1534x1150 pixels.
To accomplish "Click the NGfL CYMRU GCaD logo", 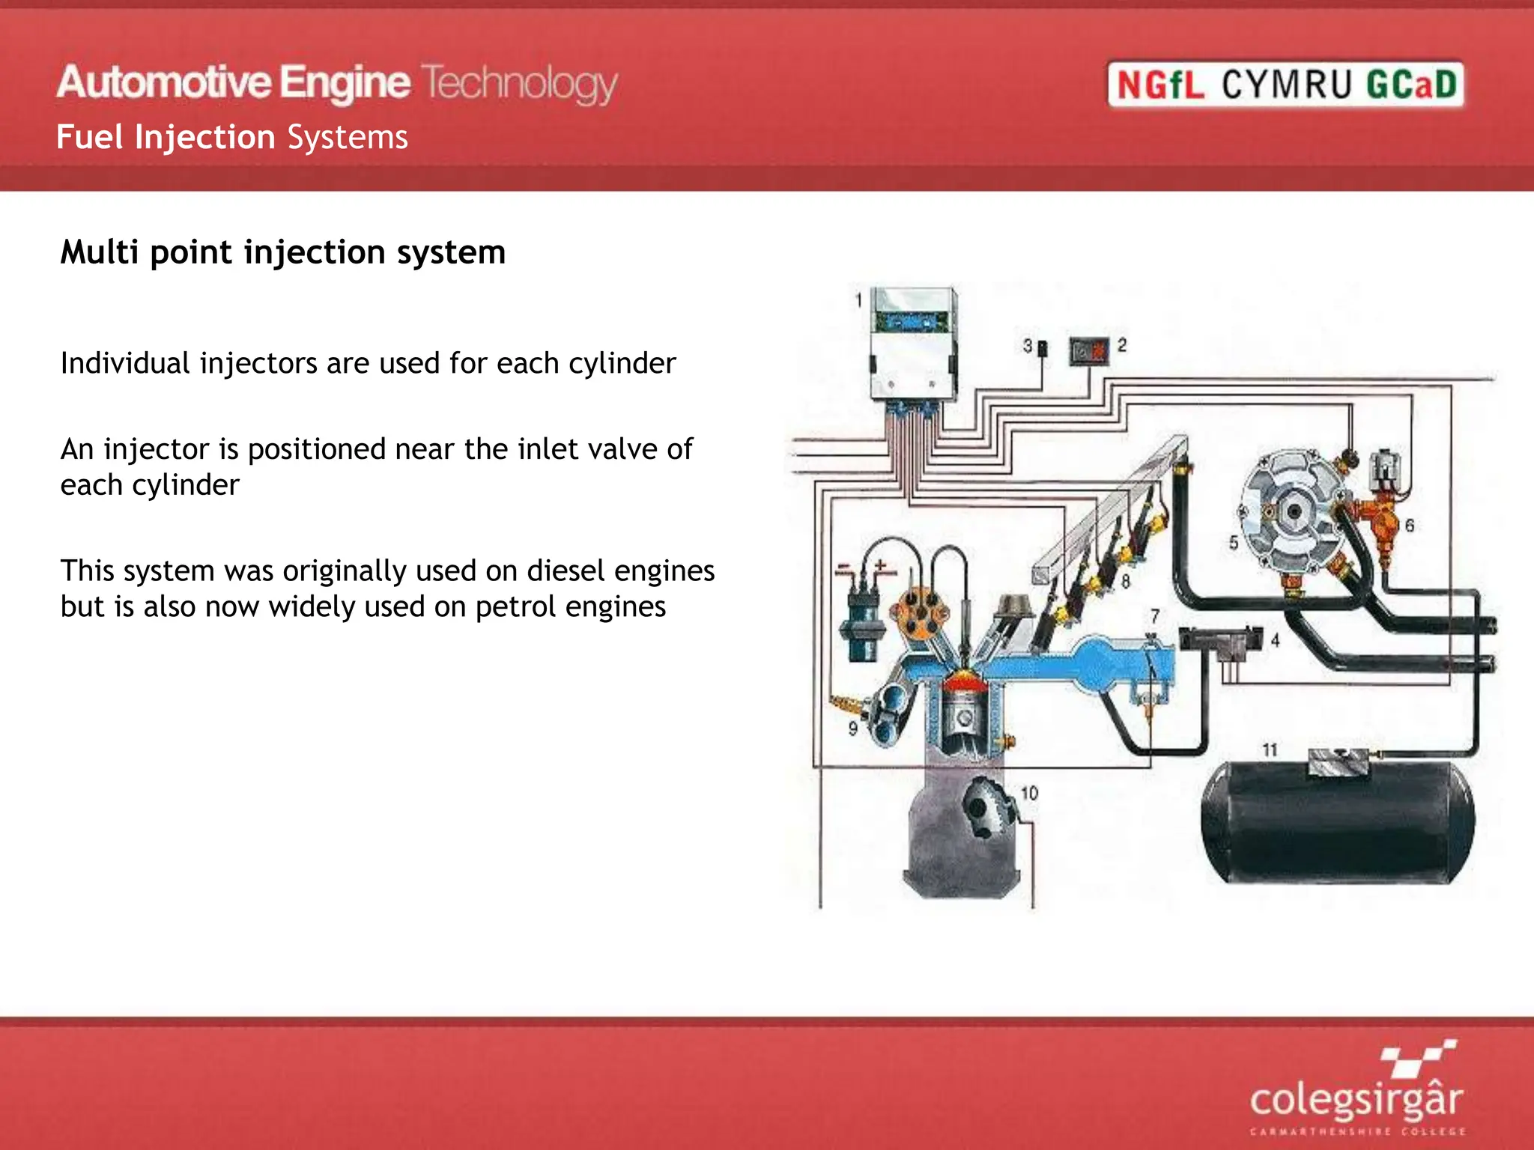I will tap(1285, 84).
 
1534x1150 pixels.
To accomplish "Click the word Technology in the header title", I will tap(519, 83).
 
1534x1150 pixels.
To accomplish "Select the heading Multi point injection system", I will tap(283, 252).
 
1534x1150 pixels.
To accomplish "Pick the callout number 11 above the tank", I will tap(1270, 749).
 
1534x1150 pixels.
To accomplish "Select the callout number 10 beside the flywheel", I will tap(1030, 793).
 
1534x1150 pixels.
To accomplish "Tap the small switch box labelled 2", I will tap(1088, 350).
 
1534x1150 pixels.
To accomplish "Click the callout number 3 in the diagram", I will tap(1028, 346).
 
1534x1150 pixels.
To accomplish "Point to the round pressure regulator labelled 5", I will tap(1292, 513).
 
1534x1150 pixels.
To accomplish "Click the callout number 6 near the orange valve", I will tap(1410, 526).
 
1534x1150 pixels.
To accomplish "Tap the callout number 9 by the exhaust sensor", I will tap(852, 728).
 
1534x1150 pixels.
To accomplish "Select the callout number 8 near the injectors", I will tap(1125, 580).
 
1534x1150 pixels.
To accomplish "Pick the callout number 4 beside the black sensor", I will tap(1275, 640).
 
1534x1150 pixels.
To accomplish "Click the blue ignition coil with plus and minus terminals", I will tap(861, 625).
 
